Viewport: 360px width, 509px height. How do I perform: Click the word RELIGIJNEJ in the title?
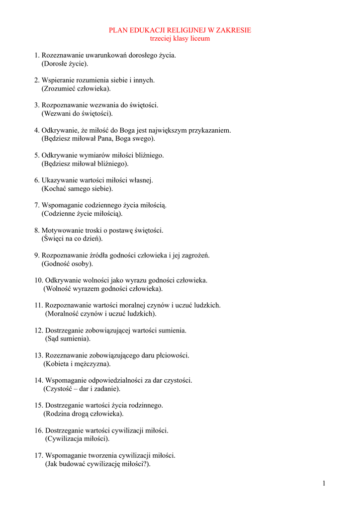(180, 30)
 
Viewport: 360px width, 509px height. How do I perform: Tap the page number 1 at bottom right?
(324, 483)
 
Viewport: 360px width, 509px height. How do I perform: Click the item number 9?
(37, 255)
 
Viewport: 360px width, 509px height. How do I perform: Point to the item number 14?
(39, 380)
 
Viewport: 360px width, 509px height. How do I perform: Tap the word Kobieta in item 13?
(57, 364)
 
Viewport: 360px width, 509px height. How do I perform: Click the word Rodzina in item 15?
(58, 414)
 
